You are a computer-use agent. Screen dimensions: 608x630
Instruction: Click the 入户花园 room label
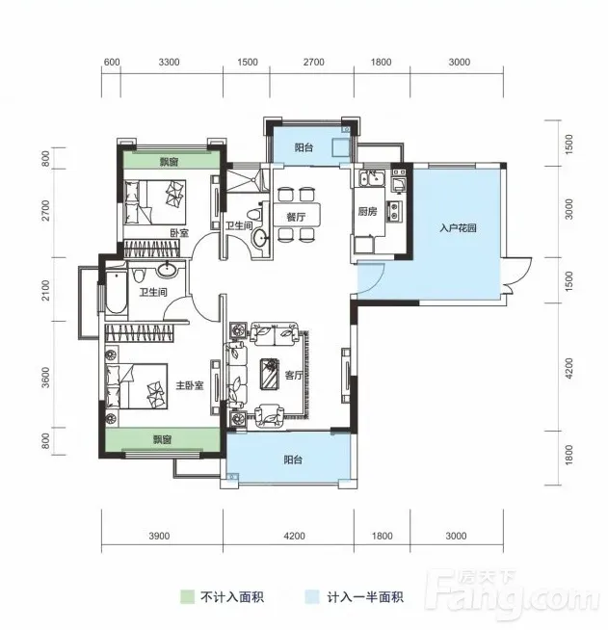(x=458, y=228)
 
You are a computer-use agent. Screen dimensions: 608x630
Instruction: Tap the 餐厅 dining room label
(x=296, y=218)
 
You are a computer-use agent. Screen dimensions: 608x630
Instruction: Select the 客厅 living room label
(x=294, y=376)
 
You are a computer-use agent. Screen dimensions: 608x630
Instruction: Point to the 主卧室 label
(x=190, y=385)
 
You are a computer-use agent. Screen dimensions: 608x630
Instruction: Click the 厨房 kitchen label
(x=368, y=211)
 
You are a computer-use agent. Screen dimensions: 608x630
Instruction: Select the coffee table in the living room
(x=269, y=374)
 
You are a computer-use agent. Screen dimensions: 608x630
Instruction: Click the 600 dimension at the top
(x=112, y=63)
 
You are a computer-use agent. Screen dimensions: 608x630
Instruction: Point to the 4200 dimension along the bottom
(x=294, y=536)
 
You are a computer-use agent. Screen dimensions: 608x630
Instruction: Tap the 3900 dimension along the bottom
(x=159, y=536)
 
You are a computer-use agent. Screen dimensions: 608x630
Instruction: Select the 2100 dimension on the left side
(x=46, y=290)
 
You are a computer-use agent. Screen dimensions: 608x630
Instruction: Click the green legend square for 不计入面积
(x=187, y=596)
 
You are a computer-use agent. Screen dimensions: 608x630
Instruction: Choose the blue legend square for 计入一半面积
(x=312, y=596)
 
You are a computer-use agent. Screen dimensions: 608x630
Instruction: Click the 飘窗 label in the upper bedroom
(x=169, y=163)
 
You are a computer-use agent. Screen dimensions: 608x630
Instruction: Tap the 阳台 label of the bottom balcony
(x=293, y=459)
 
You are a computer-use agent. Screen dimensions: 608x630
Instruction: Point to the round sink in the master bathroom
(x=167, y=269)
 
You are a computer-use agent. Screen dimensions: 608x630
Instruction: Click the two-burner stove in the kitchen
(x=394, y=212)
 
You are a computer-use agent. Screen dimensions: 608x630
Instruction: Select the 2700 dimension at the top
(x=314, y=63)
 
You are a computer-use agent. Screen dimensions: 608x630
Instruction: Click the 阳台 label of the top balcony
(x=304, y=147)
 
